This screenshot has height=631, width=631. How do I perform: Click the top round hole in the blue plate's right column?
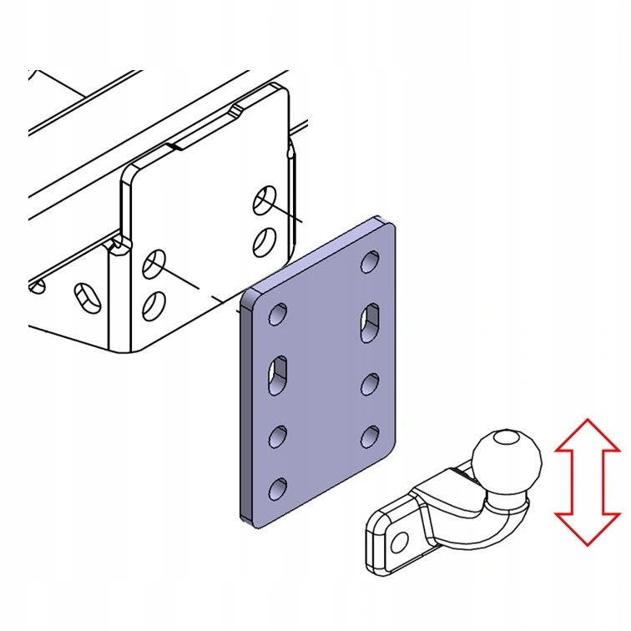pyautogui.click(x=367, y=265)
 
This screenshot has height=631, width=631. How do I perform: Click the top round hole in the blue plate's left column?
pyautogui.click(x=278, y=315)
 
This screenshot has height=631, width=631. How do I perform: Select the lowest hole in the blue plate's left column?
pyautogui.click(x=277, y=487)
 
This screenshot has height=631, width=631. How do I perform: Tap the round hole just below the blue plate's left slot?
pyautogui.click(x=277, y=435)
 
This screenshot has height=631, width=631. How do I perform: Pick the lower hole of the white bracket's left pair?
pyautogui.click(x=153, y=305)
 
